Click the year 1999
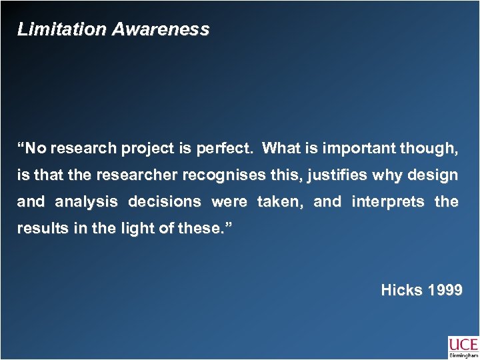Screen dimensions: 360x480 (x=442, y=291)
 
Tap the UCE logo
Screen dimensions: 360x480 (x=463, y=344)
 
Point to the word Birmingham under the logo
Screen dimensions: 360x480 (x=463, y=355)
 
